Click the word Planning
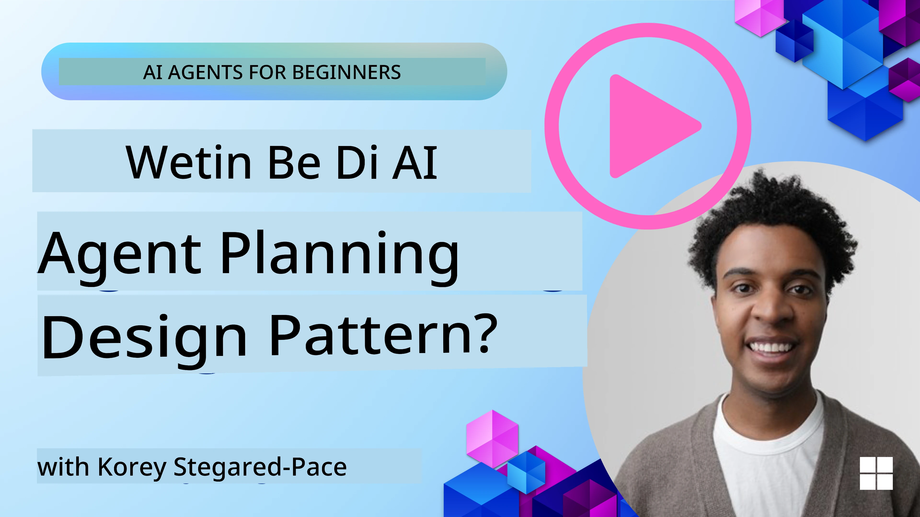[339, 254]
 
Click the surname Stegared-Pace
[260, 467]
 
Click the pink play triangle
[648, 126]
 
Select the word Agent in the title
[120, 254]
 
